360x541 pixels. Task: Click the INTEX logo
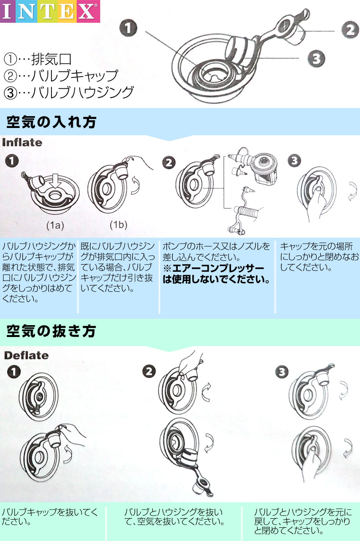(x=50, y=11)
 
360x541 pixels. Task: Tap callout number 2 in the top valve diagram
(x=350, y=30)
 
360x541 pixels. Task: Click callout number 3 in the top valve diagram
(x=316, y=58)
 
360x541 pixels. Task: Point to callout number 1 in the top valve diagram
(x=129, y=28)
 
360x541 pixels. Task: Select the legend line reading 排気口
(x=38, y=59)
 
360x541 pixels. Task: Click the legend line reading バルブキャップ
(x=61, y=76)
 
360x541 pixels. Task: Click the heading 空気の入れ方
(x=51, y=122)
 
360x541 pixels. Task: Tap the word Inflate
(x=22, y=143)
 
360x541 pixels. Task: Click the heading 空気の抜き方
(x=51, y=331)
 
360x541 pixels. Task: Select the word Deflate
(x=26, y=355)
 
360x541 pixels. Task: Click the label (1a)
(x=55, y=225)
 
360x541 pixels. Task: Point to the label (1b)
(x=118, y=225)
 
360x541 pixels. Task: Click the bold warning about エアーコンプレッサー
(x=217, y=274)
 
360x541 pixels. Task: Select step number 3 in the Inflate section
(x=294, y=161)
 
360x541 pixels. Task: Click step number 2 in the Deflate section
(x=149, y=372)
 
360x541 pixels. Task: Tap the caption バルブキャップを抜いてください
(x=50, y=516)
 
